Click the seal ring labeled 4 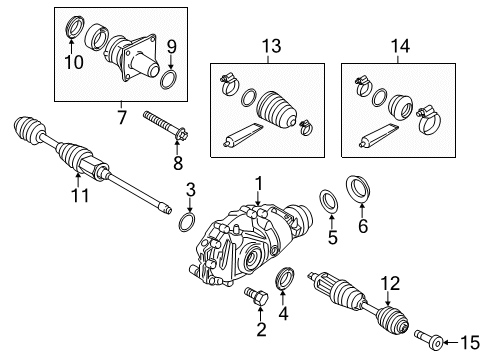click(283, 278)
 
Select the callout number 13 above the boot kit click(267, 46)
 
